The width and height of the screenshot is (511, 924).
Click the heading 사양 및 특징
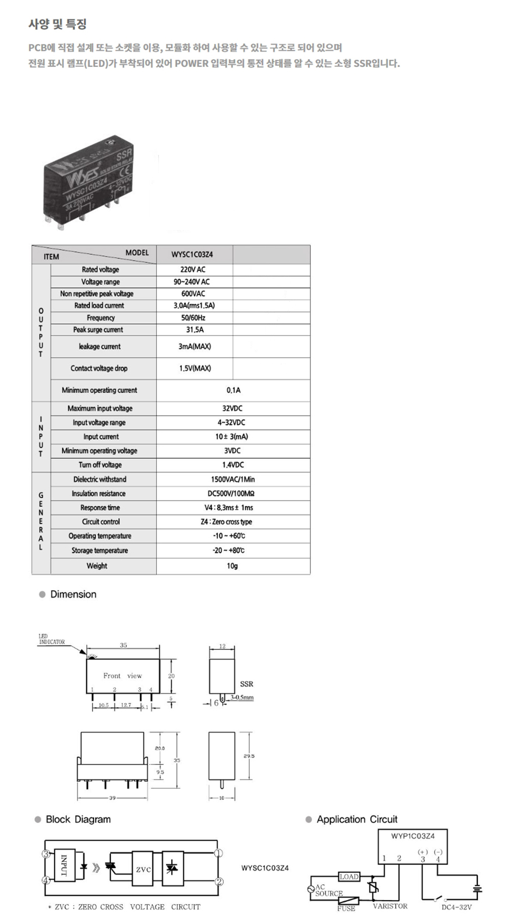click(x=57, y=24)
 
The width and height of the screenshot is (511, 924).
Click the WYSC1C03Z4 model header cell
click(x=192, y=254)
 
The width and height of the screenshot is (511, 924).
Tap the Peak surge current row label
click(x=98, y=330)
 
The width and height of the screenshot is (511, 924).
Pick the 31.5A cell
click(x=195, y=330)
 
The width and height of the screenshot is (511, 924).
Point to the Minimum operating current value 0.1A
click(x=233, y=390)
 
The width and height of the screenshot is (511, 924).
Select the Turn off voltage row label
click(x=100, y=465)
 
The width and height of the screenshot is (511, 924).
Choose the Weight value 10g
click(x=232, y=566)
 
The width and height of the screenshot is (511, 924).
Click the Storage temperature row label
click(x=100, y=551)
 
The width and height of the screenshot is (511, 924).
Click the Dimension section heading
click(x=73, y=594)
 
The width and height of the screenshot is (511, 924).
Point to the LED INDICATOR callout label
click(x=52, y=639)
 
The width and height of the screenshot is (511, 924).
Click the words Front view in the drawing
click(x=123, y=676)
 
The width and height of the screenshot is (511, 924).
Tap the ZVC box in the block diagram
click(x=143, y=870)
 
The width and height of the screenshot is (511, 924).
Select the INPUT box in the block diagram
click(x=64, y=865)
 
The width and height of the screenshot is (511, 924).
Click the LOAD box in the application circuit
click(x=349, y=877)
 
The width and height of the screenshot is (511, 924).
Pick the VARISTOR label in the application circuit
click(x=390, y=906)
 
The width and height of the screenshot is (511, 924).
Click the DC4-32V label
click(x=456, y=907)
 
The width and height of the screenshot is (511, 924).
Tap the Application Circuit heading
click(x=357, y=819)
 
